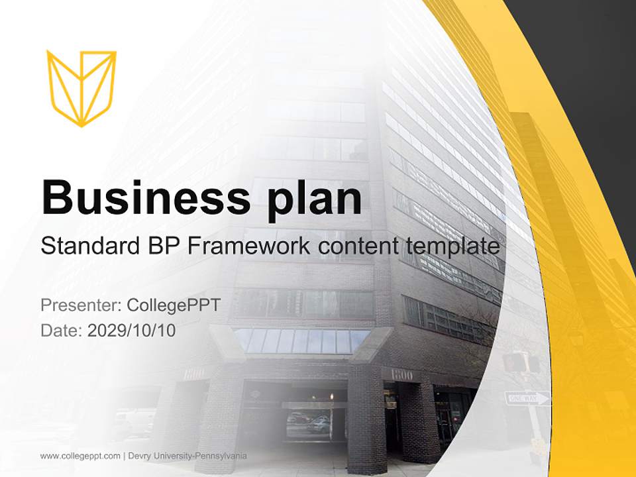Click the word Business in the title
(x=146, y=197)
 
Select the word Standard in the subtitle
(x=86, y=246)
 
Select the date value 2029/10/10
(x=132, y=330)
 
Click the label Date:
(x=62, y=330)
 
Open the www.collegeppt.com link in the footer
(x=80, y=456)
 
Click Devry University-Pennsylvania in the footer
(x=187, y=456)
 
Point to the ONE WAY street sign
(x=527, y=398)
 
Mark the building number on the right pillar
(x=402, y=375)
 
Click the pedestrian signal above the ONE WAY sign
(x=516, y=362)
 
